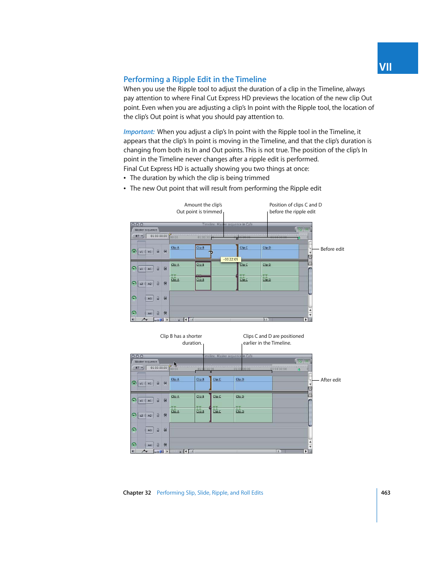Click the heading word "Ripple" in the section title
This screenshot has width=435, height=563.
pos(183,79)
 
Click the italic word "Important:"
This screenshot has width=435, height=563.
pos(139,132)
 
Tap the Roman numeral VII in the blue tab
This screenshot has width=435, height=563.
pos(385,67)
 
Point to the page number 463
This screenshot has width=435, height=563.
pos(385,493)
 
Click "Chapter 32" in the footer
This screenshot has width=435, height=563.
pos(137,493)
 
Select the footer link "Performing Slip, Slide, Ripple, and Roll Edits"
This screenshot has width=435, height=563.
pos(210,493)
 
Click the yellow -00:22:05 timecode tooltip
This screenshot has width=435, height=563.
pos(230,259)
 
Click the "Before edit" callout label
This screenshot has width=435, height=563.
pos(332,249)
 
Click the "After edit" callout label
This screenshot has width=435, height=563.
pos(331,380)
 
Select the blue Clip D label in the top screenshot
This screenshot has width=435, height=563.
pos(267,248)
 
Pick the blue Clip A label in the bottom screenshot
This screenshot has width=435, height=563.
pos(175,379)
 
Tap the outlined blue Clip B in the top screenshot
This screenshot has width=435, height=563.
pos(202,251)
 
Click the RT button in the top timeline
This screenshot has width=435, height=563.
pos(138,236)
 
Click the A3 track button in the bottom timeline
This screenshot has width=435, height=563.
pos(149,430)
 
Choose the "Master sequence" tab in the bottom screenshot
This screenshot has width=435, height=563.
pos(146,362)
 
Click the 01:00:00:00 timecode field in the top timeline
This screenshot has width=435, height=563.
pos(159,236)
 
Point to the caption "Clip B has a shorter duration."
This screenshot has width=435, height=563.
pos(181,340)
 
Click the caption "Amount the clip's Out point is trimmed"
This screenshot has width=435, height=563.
pos(200,208)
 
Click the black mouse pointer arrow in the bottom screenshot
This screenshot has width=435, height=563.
pos(175,364)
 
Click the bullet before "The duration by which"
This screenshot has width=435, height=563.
pos(125,178)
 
